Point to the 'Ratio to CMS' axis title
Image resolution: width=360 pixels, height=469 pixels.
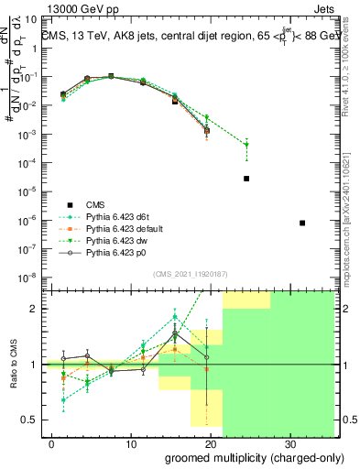click(x=16, y=365)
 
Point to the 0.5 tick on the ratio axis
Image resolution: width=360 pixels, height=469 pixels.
click(x=29, y=420)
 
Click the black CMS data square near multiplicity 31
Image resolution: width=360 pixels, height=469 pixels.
click(x=303, y=224)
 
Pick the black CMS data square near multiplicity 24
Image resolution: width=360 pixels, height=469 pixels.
click(x=246, y=179)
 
